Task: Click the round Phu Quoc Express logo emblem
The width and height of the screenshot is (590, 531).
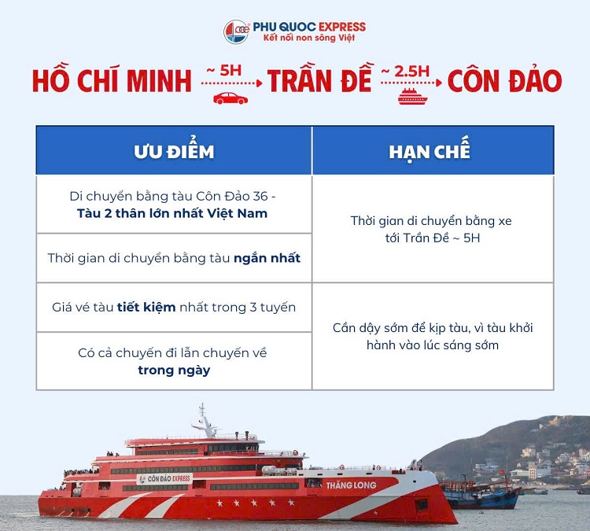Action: [x=237, y=31]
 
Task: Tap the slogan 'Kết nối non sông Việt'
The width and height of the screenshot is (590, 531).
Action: [x=309, y=38]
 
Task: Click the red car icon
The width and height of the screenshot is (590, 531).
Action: [x=230, y=98]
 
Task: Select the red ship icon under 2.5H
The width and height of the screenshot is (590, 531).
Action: [x=412, y=96]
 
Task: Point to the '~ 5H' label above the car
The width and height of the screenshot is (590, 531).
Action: [x=224, y=70]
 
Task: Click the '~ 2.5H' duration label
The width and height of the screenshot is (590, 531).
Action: [x=405, y=71]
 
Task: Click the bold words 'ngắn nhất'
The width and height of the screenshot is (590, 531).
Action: [x=267, y=258]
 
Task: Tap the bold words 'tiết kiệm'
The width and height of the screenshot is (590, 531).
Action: [x=146, y=307]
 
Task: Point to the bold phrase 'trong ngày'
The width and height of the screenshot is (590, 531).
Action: [x=174, y=371]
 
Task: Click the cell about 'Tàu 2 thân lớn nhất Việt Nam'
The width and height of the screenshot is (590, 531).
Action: [x=174, y=205]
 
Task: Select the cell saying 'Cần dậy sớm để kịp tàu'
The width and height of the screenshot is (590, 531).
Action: [x=433, y=337]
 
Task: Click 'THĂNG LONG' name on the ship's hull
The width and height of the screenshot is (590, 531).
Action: [x=351, y=485]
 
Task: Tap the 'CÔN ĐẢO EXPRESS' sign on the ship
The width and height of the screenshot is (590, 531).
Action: [x=165, y=479]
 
